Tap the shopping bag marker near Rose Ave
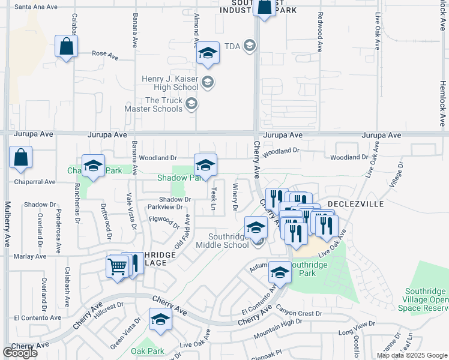66,47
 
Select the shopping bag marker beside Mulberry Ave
20,158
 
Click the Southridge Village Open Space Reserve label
423,299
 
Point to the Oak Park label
148,351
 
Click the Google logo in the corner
20,353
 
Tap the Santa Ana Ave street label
35,7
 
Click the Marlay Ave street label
31,256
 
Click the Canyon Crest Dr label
300,313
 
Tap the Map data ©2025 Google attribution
411,355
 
